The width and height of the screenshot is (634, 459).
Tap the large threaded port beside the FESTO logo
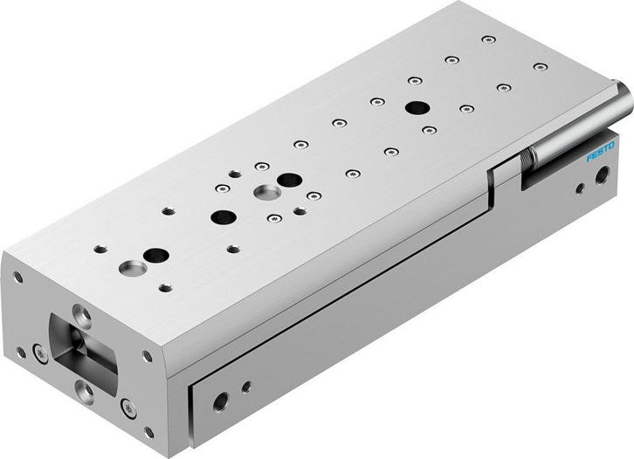(601, 178)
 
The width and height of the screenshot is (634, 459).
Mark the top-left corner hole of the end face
(17, 277)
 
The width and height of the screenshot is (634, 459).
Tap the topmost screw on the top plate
(488, 39)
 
